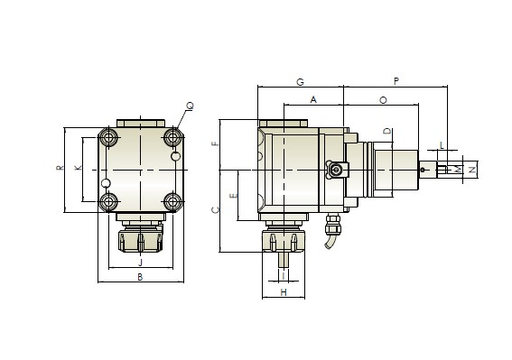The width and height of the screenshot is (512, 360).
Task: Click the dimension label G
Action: pyautogui.click(x=300, y=82)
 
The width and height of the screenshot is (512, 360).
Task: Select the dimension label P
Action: pyautogui.click(x=396, y=81)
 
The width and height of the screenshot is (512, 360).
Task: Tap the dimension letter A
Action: pyautogui.click(x=313, y=99)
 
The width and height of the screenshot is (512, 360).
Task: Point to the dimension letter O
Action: pyautogui.click(x=383, y=100)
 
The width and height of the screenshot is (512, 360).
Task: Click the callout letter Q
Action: pyautogui.click(x=190, y=106)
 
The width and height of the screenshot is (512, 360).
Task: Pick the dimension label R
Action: pyautogui.click(x=61, y=168)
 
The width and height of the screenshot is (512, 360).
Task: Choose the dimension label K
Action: pyautogui.click(x=78, y=168)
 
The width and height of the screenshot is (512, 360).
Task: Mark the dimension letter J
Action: pyautogui.click(x=141, y=262)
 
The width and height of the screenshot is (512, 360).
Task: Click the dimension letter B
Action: pyautogui.click(x=140, y=277)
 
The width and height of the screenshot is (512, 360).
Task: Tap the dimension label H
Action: pyautogui.click(x=284, y=292)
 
